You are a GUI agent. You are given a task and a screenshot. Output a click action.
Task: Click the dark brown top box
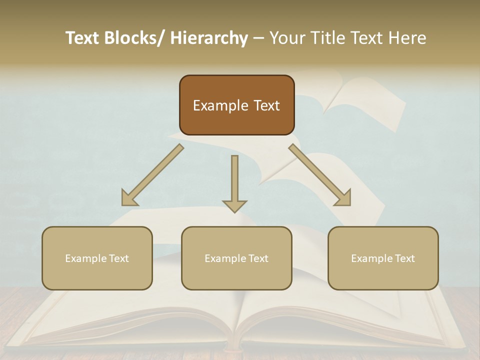click(x=236, y=105)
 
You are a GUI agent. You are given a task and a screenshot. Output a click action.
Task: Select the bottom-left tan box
click(x=97, y=258)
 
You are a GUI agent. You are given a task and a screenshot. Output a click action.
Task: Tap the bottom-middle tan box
click(x=236, y=258)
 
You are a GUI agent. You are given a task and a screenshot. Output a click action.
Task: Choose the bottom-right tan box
click(x=383, y=258)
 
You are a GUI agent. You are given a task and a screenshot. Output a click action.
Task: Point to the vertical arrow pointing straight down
click(x=234, y=183)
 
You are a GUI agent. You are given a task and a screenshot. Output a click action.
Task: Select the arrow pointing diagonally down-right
click(x=320, y=175)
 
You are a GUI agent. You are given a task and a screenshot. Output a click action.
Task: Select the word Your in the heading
click(x=287, y=38)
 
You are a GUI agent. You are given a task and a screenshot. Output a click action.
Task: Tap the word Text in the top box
click(x=266, y=105)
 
